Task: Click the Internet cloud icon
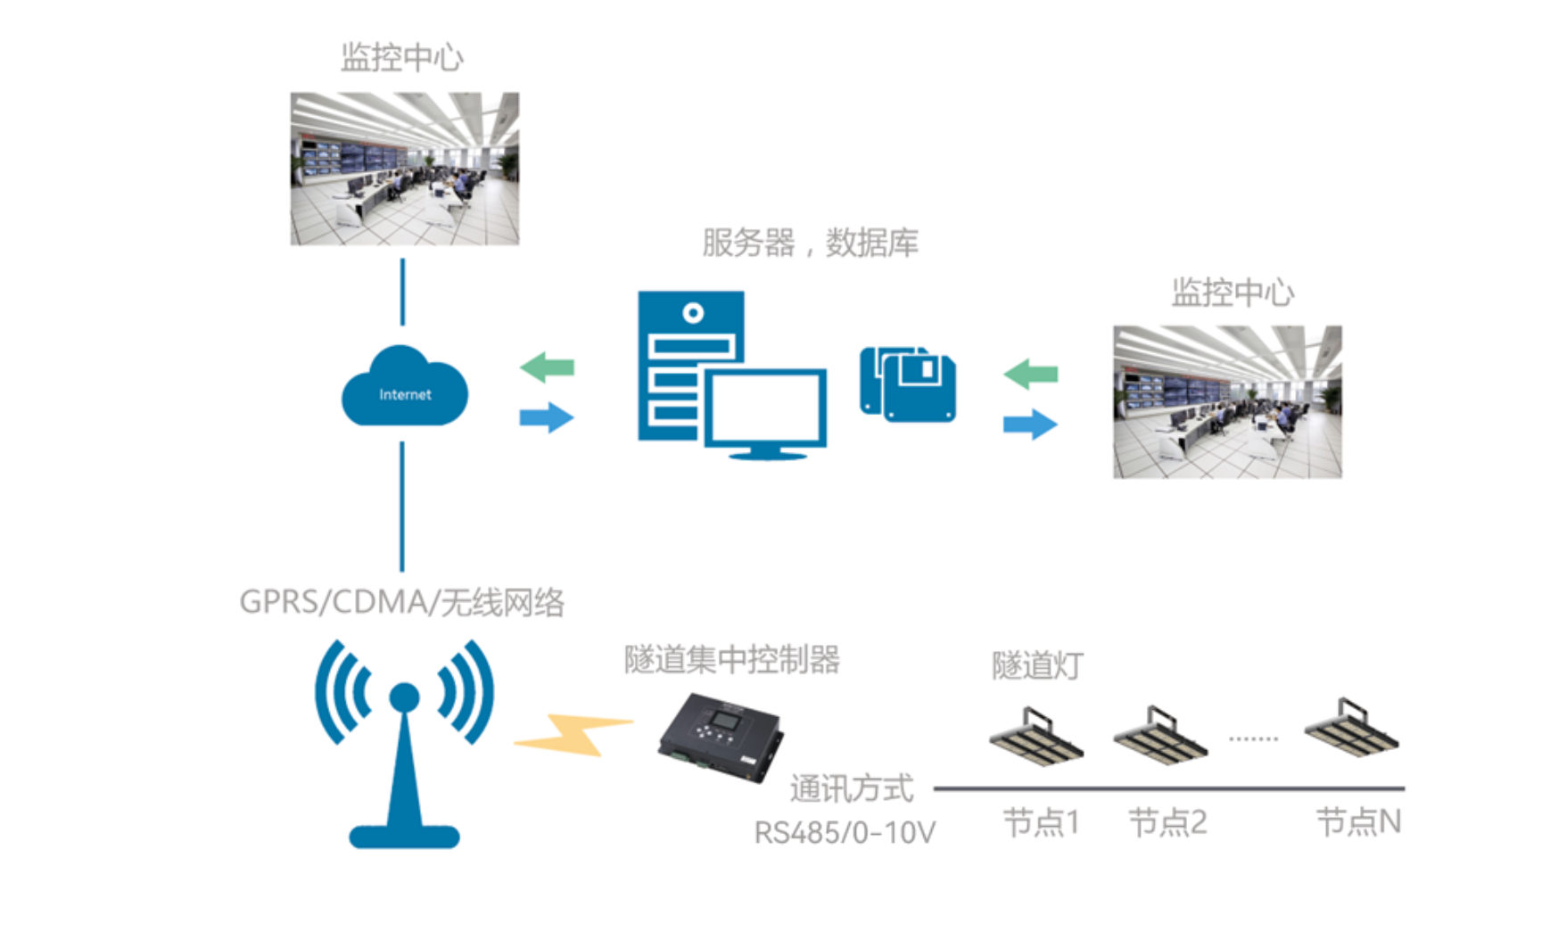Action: (x=404, y=389)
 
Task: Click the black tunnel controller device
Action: (x=721, y=736)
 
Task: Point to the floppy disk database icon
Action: (x=908, y=384)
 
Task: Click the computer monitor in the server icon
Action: (x=765, y=408)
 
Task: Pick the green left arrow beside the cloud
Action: (x=547, y=367)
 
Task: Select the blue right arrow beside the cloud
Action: (x=547, y=417)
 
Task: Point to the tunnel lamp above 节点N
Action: (x=1351, y=729)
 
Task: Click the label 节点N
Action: (x=1358, y=822)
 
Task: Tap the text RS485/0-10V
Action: (x=845, y=833)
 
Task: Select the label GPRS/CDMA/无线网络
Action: (x=401, y=603)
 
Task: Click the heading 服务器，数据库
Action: (x=809, y=243)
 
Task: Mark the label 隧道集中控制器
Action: (x=731, y=660)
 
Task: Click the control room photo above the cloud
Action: (x=404, y=169)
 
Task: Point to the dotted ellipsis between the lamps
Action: (x=1253, y=738)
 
